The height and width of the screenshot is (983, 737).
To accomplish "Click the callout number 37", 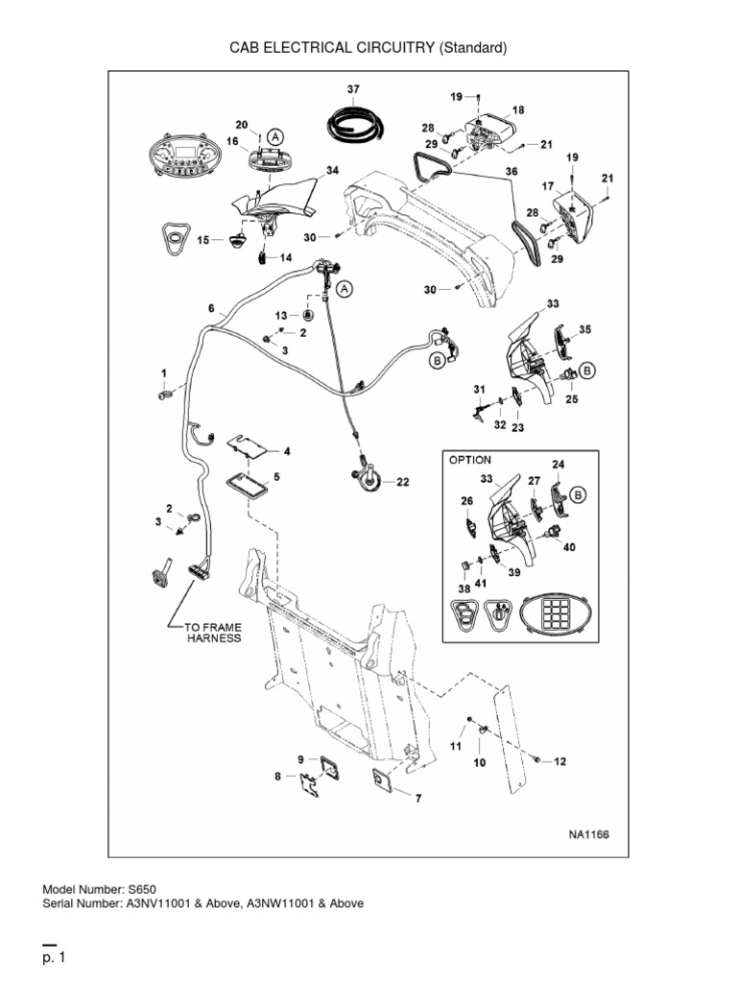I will pyautogui.click(x=353, y=89).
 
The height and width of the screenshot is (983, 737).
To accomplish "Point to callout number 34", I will pyautogui.click(x=332, y=170).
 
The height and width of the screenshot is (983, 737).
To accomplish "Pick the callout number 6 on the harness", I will pyautogui.click(x=211, y=308).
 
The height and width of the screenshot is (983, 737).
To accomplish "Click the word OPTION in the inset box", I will pyautogui.click(x=470, y=460).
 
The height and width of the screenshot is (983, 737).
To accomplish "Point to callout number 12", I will pyautogui.click(x=560, y=762).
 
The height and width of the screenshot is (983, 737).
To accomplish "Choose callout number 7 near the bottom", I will pyautogui.click(x=417, y=797).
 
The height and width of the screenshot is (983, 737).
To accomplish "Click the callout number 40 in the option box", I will pyautogui.click(x=569, y=548).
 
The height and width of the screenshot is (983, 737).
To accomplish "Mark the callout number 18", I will pyautogui.click(x=518, y=110).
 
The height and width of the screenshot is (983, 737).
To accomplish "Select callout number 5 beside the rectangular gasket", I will pyautogui.click(x=276, y=476).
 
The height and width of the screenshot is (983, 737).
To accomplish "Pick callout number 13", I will pyautogui.click(x=281, y=315).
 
